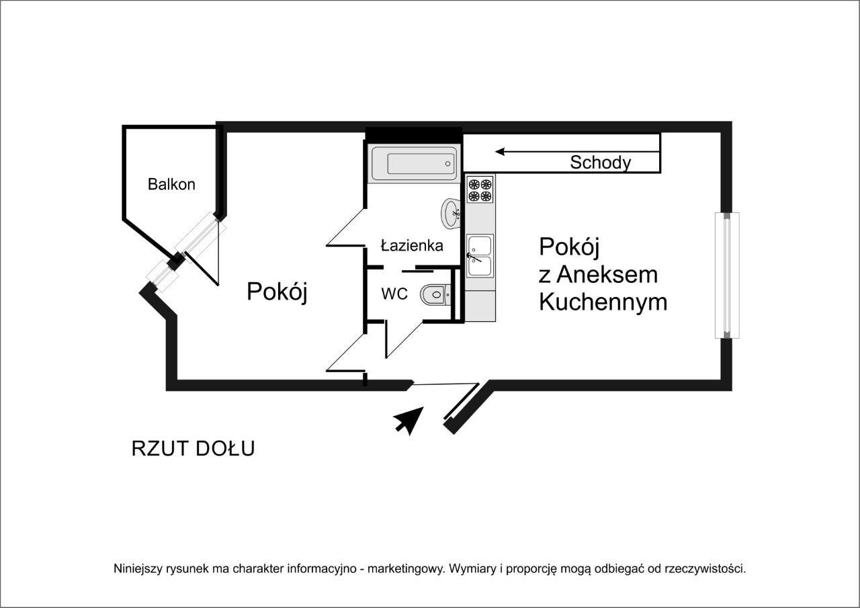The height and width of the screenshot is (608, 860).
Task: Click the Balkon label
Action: tap(171, 184)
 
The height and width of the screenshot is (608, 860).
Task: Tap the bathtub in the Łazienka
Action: tap(413, 163)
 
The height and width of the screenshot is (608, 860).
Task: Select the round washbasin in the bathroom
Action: tap(450, 214)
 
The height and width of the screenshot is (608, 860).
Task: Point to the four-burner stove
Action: tap(480, 189)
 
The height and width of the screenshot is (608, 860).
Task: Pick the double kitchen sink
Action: tap(480, 255)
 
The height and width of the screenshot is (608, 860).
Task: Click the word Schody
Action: tap(600, 163)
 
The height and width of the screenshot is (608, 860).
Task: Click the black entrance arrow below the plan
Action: tap(408, 421)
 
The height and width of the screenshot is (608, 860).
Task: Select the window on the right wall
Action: tap(726, 275)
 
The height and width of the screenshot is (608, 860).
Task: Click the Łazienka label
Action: tap(412, 246)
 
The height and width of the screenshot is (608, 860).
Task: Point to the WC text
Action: tap(394, 294)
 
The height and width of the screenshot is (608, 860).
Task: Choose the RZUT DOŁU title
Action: tap(193, 449)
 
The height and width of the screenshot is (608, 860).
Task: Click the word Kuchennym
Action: tap(603, 302)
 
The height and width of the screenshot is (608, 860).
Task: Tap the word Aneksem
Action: tap(607, 275)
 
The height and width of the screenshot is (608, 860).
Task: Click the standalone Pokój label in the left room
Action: tap(277, 292)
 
